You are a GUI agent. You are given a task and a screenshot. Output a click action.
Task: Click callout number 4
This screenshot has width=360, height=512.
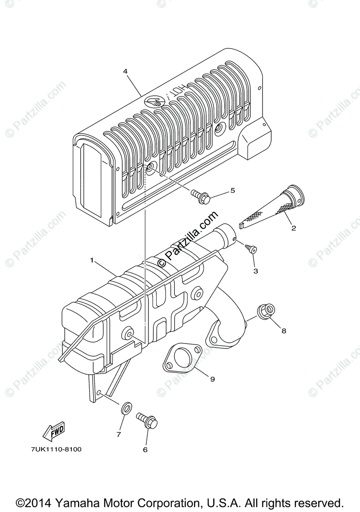coord(126,71)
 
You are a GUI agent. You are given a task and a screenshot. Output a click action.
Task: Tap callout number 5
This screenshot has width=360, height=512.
coord(232,190)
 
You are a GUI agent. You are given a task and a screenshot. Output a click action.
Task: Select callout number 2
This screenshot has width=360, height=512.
coord(294,228)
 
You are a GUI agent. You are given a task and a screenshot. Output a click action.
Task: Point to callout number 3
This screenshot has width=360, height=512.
coord(255,271)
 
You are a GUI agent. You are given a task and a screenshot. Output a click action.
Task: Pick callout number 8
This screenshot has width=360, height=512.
coord(284,330)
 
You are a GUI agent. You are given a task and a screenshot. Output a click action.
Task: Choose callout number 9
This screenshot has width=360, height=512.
coord(212,378)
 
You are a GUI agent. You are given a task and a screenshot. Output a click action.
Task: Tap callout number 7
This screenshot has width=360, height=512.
coord(119,434)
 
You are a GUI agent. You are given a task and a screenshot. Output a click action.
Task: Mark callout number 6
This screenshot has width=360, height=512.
coord(145,450)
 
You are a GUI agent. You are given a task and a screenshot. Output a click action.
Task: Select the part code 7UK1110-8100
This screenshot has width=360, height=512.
coord(56,449)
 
